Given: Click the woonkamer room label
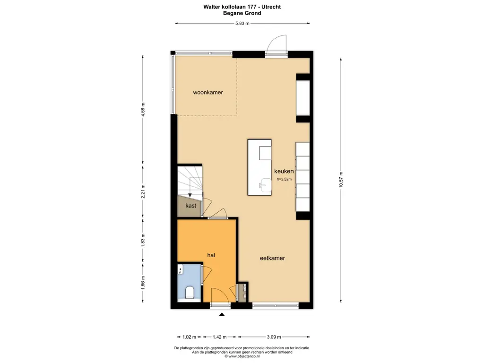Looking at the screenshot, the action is [x=208, y=92].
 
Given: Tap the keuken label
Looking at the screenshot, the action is [x=284, y=171].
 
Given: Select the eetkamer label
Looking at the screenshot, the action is [x=272, y=258].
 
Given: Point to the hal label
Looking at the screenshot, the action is [x=211, y=255].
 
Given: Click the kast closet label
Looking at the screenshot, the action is [x=191, y=206].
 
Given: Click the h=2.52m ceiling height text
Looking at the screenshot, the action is [x=284, y=179].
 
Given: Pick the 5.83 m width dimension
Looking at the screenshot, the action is [x=242, y=23].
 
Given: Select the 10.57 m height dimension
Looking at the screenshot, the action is [x=341, y=179].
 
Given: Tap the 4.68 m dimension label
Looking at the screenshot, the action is [x=143, y=109].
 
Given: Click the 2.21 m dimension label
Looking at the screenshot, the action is [x=143, y=191].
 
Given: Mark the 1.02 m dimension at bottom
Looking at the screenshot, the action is [x=189, y=337].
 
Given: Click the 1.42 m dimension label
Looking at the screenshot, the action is [x=220, y=337].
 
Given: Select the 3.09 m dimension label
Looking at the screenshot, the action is [x=274, y=337].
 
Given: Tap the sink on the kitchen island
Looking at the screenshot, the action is [x=265, y=185].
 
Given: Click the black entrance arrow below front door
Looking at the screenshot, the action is [x=222, y=314].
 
